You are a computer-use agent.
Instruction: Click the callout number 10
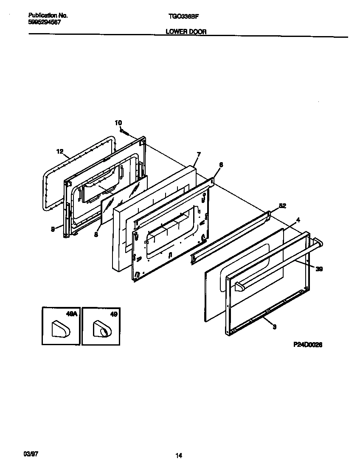pos(118,123)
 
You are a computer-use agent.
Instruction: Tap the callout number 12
pos(59,151)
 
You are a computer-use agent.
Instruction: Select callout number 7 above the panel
pos(198,154)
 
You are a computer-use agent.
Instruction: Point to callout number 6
pos(221,164)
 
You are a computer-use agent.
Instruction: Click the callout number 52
pos(282,206)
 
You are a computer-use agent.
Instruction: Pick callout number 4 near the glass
pos(298,219)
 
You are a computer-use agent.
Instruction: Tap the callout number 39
pos(319,268)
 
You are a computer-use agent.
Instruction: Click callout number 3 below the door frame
pos(274,326)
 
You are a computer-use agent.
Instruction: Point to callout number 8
pos(96,234)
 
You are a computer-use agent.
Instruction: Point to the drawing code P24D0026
pos(308,345)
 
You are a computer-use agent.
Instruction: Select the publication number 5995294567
pos(41,22)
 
